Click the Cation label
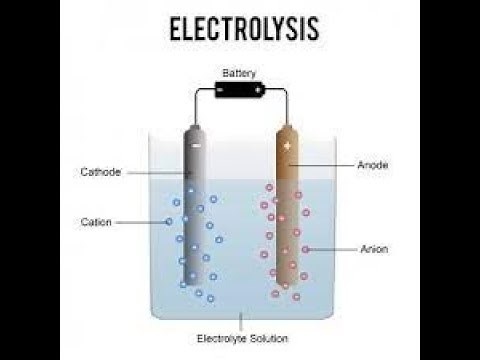coord(96,221)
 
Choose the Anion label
coord(373,248)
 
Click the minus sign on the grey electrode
coord(195,146)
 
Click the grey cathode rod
coord(195,210)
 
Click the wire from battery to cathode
coord(196,100)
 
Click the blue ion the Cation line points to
coord(169,221)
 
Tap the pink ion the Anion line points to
coord(305,248)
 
